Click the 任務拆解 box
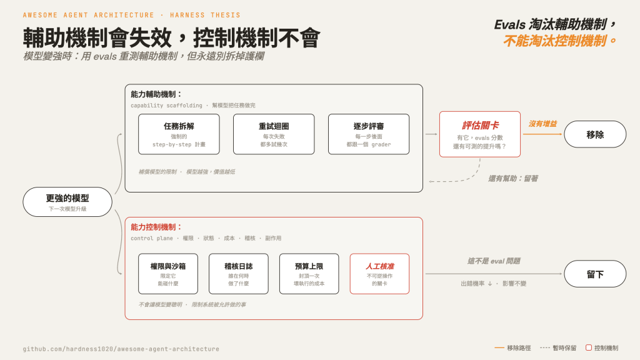tap(179, 134)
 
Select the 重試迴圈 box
tap(274, 134)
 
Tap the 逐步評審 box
tap(369, 134)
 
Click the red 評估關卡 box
tap(480, 134)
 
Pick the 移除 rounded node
tap(595, 134)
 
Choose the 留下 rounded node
tap(595, 274)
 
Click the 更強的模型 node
tap(67, 202)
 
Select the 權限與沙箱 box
tap(168, 274)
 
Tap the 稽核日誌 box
tap(238, 274)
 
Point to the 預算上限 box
tap(309, 274)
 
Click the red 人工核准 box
tap(379, 274)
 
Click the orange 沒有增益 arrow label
tap(542, 124)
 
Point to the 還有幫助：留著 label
tap(513, 178)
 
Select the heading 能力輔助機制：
tap(156, 94)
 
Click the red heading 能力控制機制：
tap(156, 227)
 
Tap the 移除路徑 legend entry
tap(512, 347)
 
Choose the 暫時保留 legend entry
tap(558, 347)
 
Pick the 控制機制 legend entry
tap(602, 347)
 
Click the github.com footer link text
tap(121, 349)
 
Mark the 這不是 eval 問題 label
tap(494, 261)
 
